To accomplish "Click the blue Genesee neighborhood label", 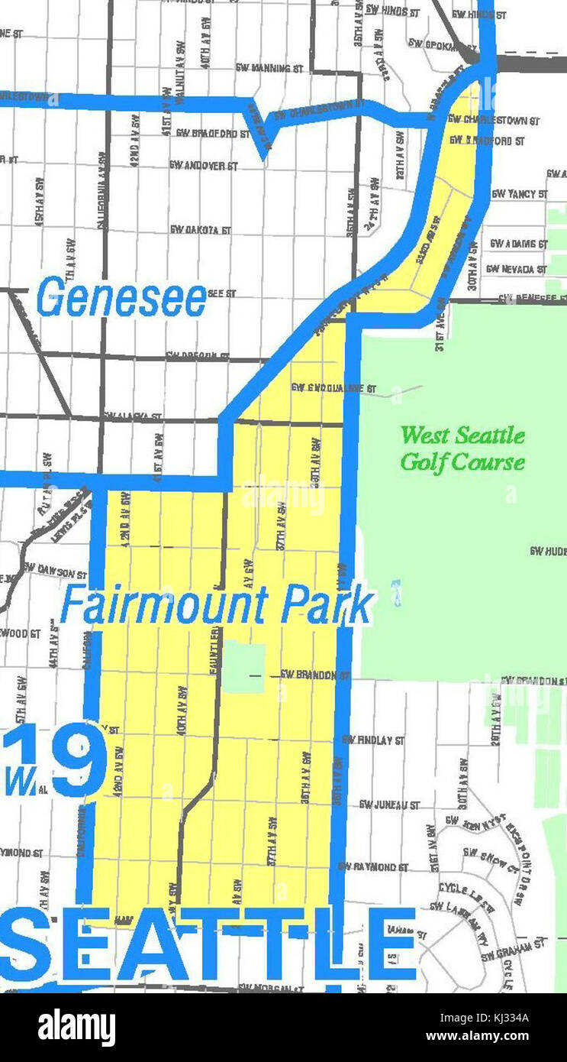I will point(121,299).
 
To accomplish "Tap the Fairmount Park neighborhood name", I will point(217,607).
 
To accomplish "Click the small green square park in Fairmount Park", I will point(243,667).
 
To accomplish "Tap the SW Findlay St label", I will point(373,740).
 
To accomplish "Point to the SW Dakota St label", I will point(200,229).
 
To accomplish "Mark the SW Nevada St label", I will point(516,269).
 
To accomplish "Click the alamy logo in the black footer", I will point(76,1028).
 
